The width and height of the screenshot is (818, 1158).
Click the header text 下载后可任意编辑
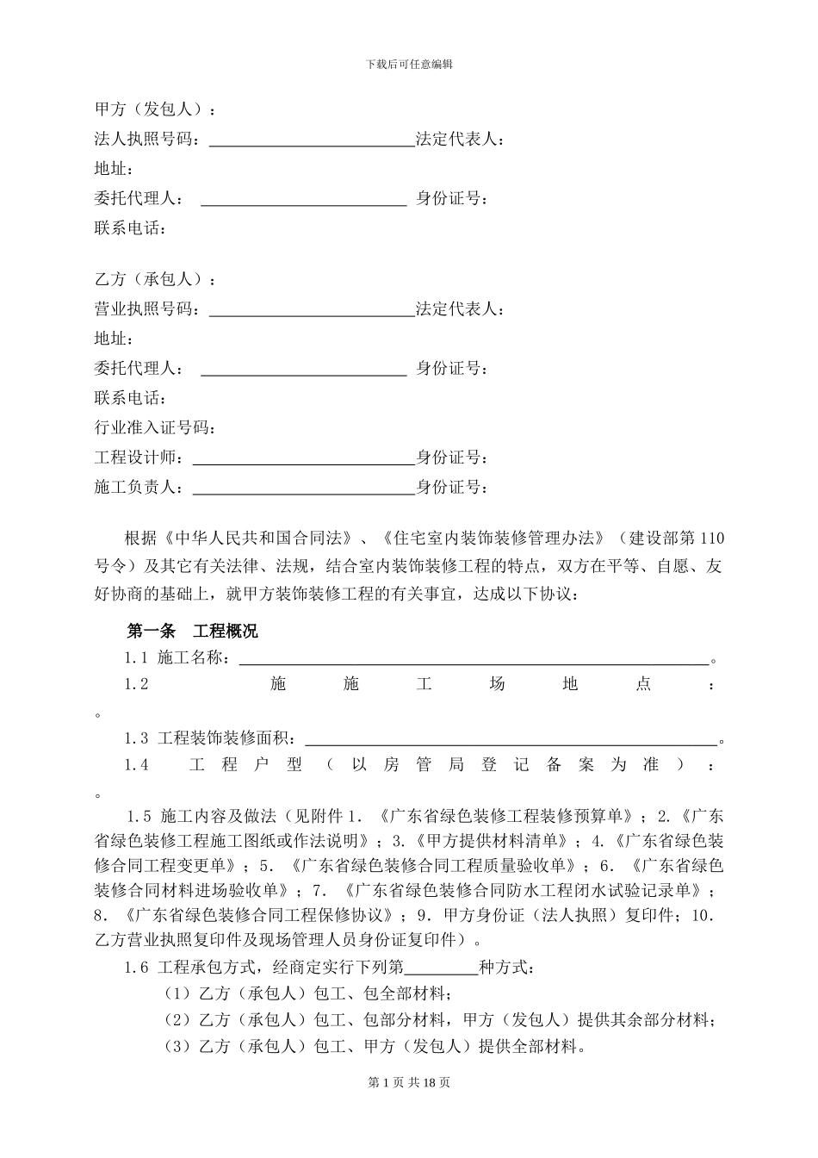409,64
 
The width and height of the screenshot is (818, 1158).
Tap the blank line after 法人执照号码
312,141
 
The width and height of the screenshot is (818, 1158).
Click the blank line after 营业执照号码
312,311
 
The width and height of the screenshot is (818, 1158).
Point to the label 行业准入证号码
155,428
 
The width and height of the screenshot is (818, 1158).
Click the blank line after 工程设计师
303,459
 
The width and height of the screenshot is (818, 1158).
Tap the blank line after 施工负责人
303,489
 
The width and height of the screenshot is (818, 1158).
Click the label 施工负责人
138,488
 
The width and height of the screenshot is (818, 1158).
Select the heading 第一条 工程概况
192,631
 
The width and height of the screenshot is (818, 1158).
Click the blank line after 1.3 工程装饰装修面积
510,739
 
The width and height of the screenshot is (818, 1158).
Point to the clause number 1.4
137,765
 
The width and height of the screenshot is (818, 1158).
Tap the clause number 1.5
139,815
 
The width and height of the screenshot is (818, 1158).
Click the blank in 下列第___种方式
440,968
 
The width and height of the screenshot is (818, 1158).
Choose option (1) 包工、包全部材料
307,993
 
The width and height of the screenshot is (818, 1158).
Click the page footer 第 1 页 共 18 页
409,1083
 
